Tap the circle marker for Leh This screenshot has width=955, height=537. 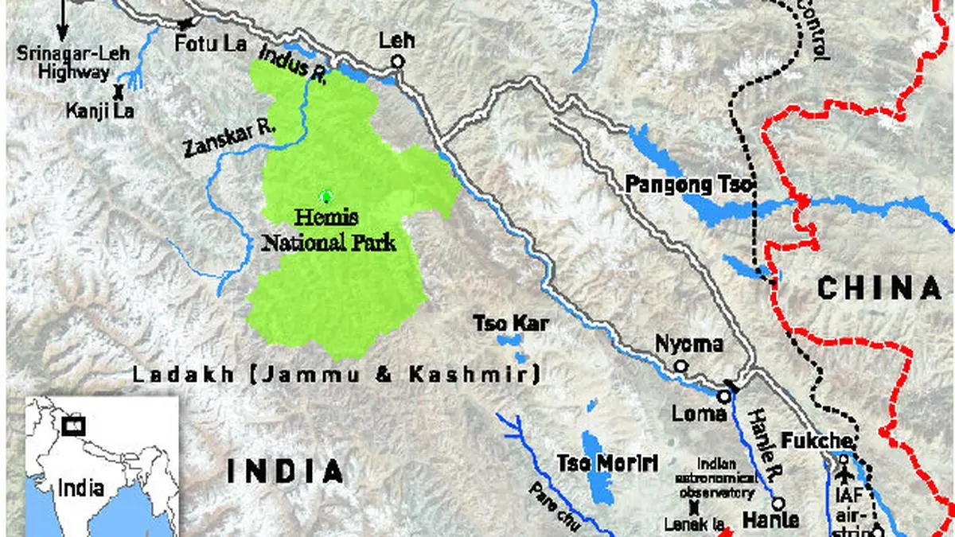coord(398,61)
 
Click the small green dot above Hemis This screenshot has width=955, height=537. coord(324,196)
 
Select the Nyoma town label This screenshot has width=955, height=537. coord(689,344)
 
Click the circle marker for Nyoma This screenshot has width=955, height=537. coord(680,366)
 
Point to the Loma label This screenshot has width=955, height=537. coord(699,414)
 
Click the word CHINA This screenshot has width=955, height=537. coord(879,289)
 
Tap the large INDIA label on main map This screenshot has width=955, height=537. coord(286,471)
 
